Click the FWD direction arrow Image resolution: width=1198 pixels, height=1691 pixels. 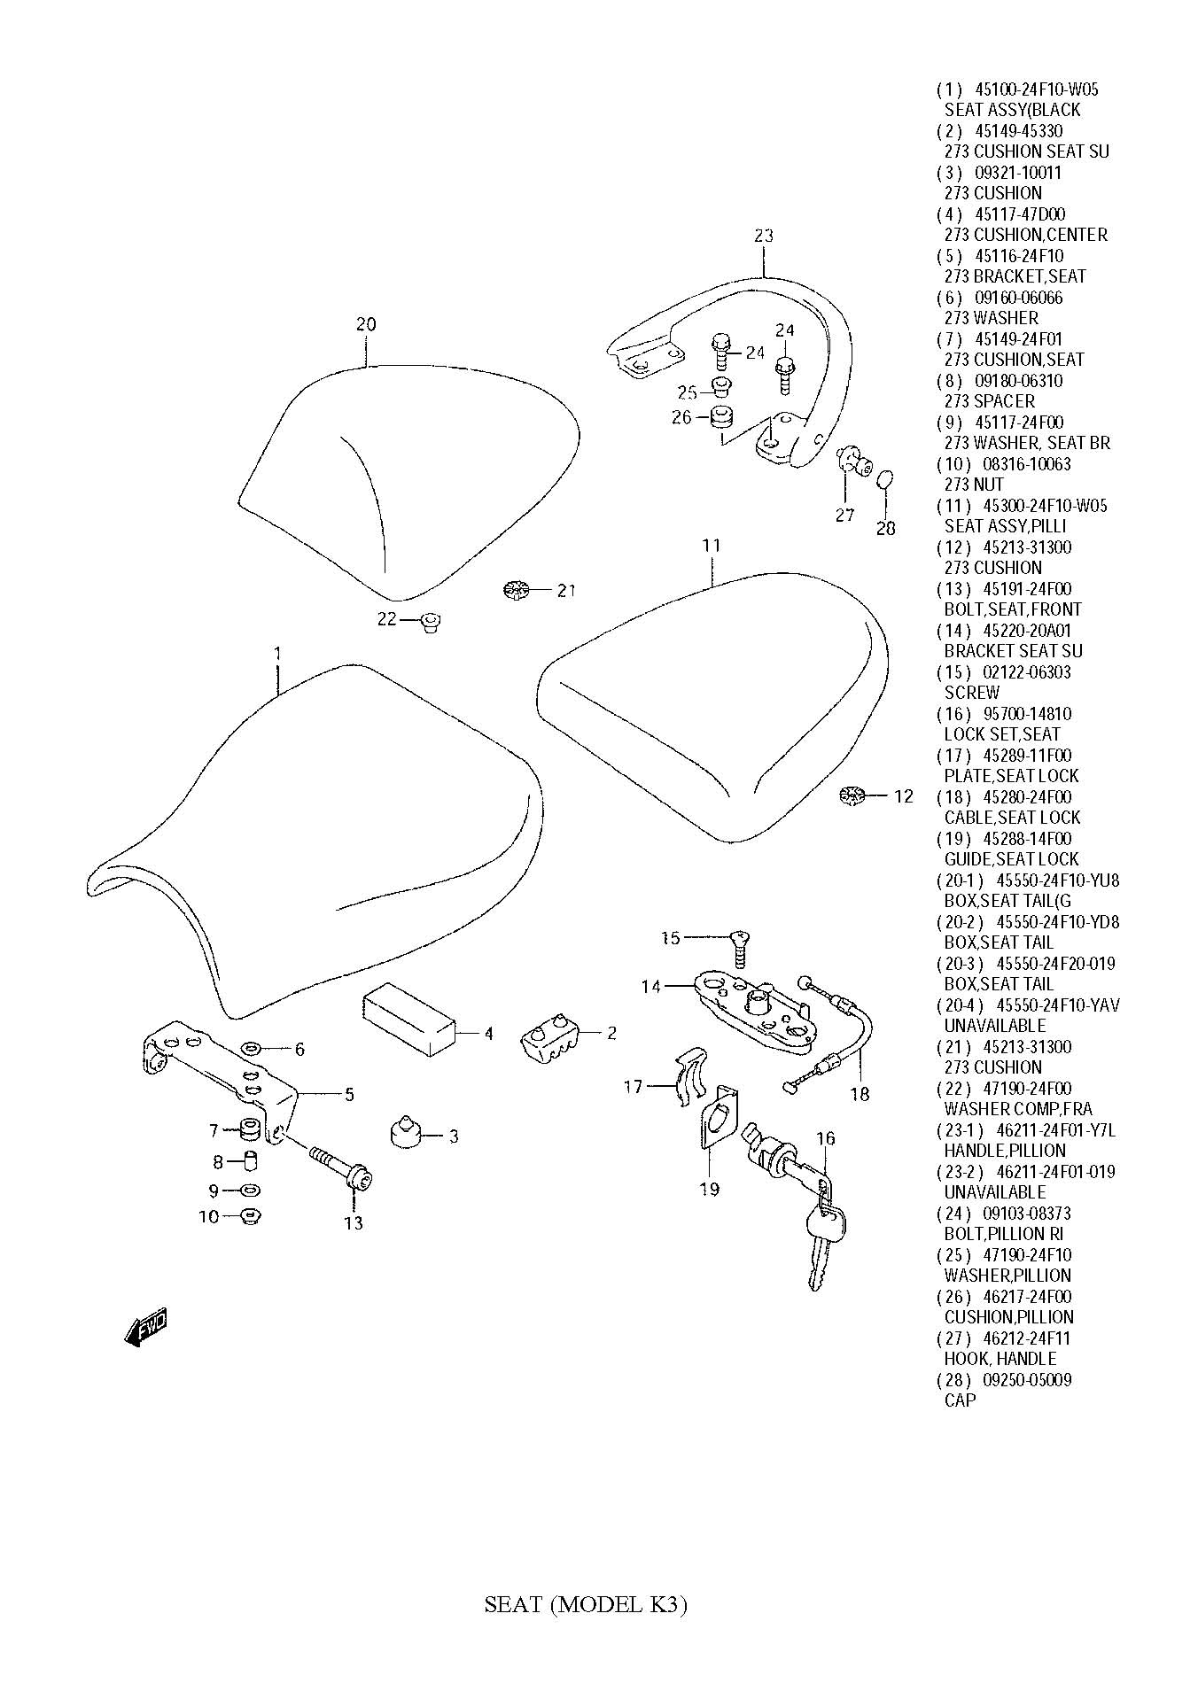(146, 1326)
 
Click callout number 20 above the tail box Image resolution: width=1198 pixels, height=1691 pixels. (366, 324)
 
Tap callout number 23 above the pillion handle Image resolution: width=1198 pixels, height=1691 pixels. (764, 236)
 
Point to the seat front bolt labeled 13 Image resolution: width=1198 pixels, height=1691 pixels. (341, 1167)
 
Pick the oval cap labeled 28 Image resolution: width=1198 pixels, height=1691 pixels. (884, 481)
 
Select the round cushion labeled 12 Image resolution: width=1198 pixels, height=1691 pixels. (851, 795)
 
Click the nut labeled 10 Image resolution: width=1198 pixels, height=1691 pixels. (250, 1215)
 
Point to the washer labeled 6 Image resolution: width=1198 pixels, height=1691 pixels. (251, 1049)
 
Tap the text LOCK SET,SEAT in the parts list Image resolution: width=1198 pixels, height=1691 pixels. (1001, 734)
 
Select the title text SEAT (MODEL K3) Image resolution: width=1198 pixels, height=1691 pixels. (586, 1604)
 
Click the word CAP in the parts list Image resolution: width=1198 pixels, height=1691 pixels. (960, 1400)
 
